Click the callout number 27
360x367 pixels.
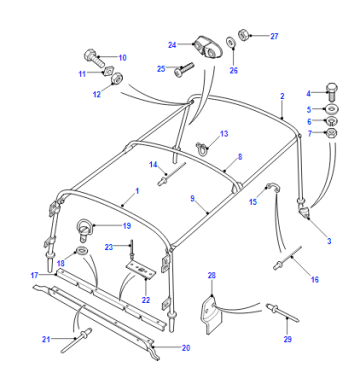274,36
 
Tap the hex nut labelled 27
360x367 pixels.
243,35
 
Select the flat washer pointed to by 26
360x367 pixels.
231,42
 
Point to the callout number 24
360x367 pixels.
172,45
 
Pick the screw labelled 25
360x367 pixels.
184,69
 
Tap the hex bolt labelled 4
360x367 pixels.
331,91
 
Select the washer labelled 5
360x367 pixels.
331,109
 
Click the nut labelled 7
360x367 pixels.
331,134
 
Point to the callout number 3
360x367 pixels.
329,241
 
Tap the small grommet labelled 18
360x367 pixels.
80,250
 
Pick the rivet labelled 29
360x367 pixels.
282,312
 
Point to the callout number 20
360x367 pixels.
186,348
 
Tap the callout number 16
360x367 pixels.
314,279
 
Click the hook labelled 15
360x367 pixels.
273,189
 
